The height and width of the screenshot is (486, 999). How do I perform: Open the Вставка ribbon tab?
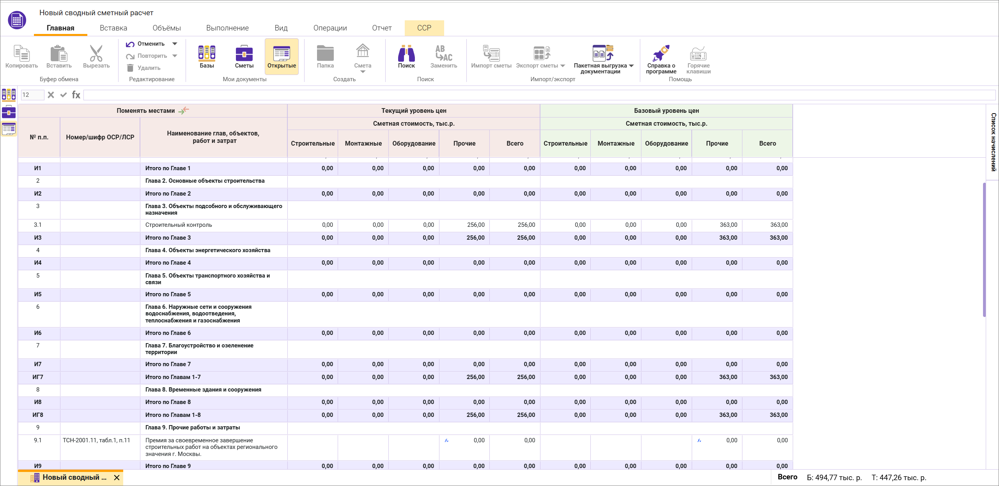[113, 28]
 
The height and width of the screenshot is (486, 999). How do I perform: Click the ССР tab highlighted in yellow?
[424, 28]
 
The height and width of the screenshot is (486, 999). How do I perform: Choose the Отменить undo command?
[146, 44]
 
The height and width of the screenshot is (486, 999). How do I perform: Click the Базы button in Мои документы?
[207, 56]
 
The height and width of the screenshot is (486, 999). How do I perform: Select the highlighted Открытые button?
[282, 56]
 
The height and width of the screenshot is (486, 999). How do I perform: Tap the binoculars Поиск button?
[406, 56]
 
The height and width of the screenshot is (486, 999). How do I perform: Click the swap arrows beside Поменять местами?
[183, 110]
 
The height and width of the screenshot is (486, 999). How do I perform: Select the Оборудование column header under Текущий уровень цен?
[414, 143]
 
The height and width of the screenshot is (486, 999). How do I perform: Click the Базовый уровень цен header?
[666, 110]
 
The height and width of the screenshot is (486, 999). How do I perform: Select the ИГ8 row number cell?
[38, 415]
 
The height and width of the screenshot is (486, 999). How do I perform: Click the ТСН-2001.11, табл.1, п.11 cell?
[96, 440]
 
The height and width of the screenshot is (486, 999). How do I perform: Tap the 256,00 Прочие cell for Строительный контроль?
[475, 225]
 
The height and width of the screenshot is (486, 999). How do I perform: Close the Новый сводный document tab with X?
[117, 477]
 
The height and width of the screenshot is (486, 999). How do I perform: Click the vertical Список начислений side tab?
[993, 142]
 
